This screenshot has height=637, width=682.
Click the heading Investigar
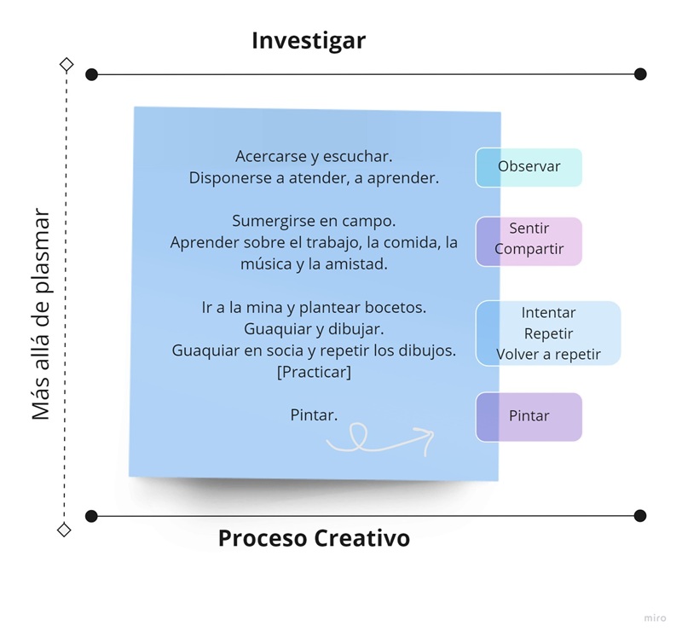(x=309, y=41)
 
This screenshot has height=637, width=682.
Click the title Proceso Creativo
(x=314, y=539)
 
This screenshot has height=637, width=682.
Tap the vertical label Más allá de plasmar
(x=41, y=315)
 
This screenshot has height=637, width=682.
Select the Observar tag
(x=529, y=167)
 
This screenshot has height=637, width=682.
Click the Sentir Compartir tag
(x=529, y=240)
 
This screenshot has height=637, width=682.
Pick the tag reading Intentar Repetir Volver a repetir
(x=548, y=333)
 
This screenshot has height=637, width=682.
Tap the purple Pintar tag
(x=529, y=417)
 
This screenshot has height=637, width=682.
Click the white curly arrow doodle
(x=380, y=438)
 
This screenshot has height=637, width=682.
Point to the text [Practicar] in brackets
(x=314, y=373)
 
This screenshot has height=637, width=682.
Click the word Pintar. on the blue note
(x=314, y=415)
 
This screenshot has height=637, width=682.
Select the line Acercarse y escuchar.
(x=314, y=157)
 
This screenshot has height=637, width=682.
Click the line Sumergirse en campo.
(x=314, y=222)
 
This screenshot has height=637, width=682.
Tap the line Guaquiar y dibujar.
(x=314, y=328)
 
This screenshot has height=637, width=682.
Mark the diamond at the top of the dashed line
(x=66, y=64)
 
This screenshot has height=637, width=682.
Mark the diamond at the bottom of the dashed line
(x=64, y=530)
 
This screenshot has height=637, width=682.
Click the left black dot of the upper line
(x=92, y=75)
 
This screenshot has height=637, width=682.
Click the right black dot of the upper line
(x=640, y=74)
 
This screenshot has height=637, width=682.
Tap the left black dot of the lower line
(x=92, y=516)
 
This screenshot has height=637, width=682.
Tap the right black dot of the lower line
(x=640, y=516)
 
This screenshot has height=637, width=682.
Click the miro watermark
(x=655, y=616)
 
